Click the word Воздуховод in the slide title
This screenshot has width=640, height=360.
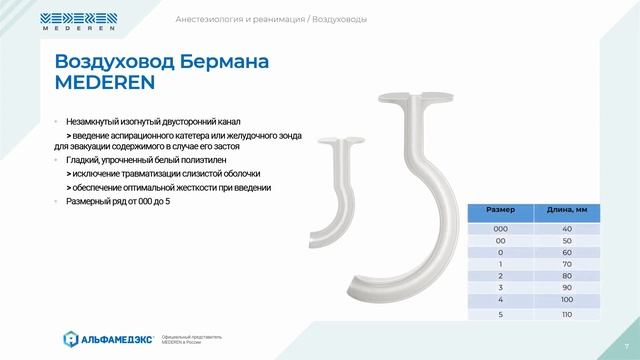click(108, 62)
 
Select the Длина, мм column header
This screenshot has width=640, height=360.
click(566, 211)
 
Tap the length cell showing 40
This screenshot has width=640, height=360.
click(566, 230)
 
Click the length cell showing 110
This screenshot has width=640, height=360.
click(566, 313)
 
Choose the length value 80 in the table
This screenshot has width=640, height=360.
click(566, 272)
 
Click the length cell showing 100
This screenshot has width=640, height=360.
click(566, 298)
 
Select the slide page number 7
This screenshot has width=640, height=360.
click(625, 347)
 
